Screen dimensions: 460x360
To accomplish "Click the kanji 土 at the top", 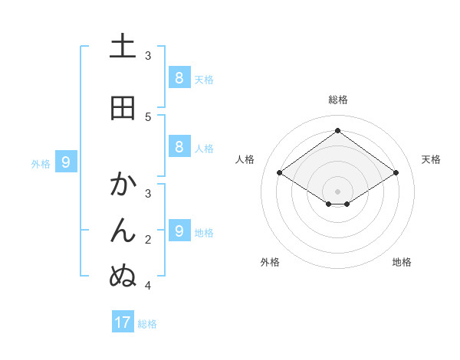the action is pyautogui.click(x=123, y=47).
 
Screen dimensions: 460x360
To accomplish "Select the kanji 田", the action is pyautogui.click(x=123, y=108).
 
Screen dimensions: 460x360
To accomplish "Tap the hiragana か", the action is pyautogui.click(x=123, y=185).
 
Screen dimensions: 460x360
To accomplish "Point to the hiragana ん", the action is pyautogui.click(x=123, y=229).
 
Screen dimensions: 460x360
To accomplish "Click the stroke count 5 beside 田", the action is pyautogui.click(x=148, y=116).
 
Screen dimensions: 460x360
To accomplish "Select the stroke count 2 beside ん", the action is pyautogui.click(x=148, y=240).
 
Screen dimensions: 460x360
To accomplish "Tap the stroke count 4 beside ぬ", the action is pyautogui.click(x=148, y=286).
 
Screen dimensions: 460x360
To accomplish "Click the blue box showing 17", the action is pyautogui.click(x=123, y=322).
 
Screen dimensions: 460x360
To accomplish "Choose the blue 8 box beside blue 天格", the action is pyautogui.click(x=179, y=77).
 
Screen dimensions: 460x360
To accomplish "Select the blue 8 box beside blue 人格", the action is pyautogui.click(x=179, y=147).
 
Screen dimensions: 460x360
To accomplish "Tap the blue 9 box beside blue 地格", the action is pyautogui.click(x=179, y=231).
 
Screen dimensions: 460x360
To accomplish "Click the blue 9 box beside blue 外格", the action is pyautogui.click(x=66, y=162).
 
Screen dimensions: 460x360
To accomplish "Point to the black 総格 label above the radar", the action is pyautogui.click(x=338, y=100).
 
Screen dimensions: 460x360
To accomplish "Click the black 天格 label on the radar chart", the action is pyautogui.click(x=431, y=159).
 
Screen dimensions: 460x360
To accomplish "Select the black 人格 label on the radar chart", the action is pyautogui.click(x=245, y=159).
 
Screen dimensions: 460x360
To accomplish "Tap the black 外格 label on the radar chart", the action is pyautogui.click(x=270, y=262).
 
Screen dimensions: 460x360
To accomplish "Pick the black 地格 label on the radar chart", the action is pyautogui.click(x=402, y=262).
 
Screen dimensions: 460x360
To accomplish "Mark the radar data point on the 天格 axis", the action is pyautogui.click(x=396, y=173).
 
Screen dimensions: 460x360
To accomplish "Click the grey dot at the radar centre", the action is pyautogui.click(x=337, y=191).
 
